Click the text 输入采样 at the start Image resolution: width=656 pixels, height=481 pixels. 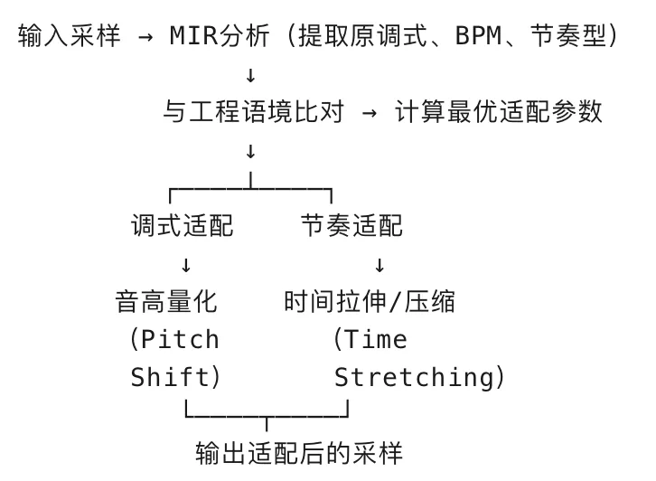69,37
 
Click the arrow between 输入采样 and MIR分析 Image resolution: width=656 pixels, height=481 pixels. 145,37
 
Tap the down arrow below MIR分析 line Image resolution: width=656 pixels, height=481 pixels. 250,75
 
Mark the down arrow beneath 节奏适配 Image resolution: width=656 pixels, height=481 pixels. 379,264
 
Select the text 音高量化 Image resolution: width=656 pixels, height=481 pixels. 166,301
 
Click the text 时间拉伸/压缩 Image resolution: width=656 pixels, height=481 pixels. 370,301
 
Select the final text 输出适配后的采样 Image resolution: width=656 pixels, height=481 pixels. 299,452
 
